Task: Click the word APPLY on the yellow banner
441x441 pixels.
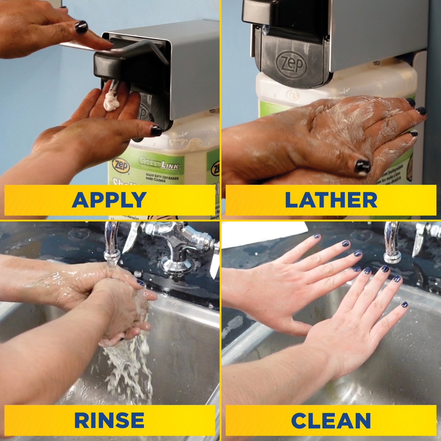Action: [x=109, y=200]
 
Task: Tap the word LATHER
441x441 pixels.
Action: [x=331, y=200]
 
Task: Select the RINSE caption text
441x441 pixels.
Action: [x=109, y=420]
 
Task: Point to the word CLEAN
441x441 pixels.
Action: [x=331, y=420]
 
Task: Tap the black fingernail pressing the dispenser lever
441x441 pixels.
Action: [x=81, y=27]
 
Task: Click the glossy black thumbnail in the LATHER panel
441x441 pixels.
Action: [x=362, y=166]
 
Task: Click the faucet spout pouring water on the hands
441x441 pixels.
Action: [x=111, y=244]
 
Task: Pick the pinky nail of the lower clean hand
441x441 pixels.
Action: [x=404, y=304]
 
